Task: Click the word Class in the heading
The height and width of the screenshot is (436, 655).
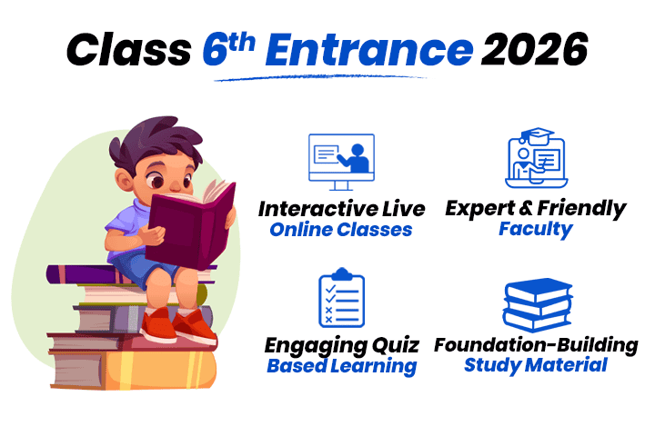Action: pos(129,47)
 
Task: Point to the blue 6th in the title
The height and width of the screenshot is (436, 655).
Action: pos(228,45)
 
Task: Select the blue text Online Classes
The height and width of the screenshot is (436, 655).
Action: pos(340,230)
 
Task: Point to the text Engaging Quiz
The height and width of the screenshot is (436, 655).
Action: pos(341,346)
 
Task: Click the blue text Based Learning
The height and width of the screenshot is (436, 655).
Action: pos(341,367)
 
